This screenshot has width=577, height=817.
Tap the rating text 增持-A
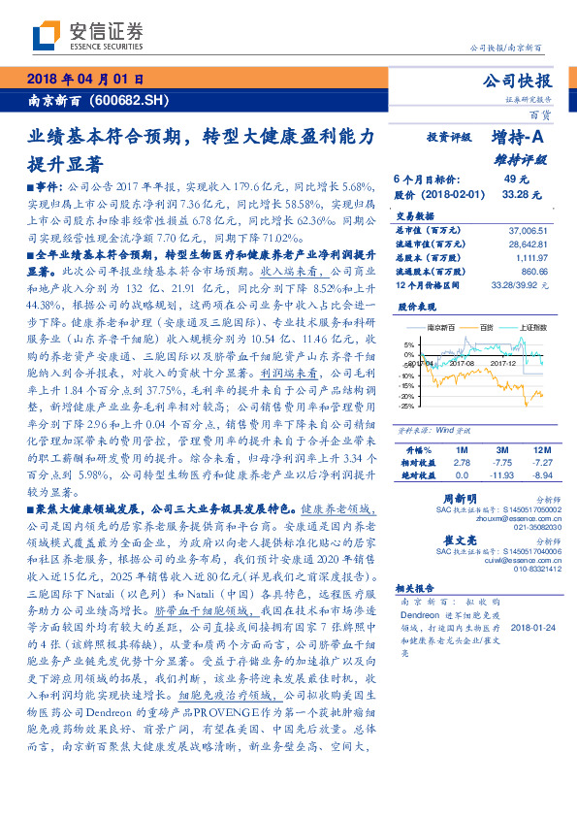(519, 139)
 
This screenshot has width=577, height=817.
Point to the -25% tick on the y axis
(407, 406)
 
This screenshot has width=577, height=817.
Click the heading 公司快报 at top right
(517, 82)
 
